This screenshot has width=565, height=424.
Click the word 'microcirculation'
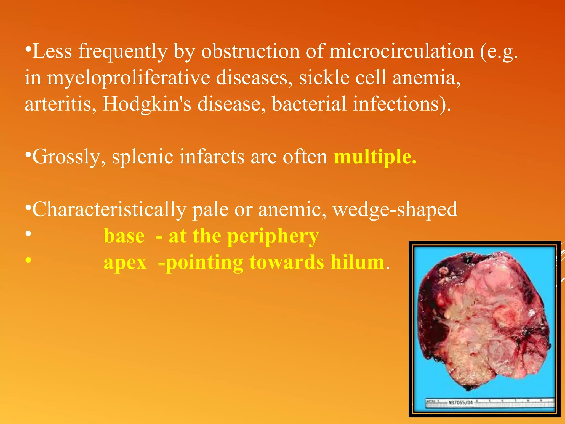tap(401, 51)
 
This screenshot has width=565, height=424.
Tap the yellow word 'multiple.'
tap(375, 157)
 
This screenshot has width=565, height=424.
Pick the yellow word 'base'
tap(124, 236)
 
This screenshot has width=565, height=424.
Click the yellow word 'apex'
tap(125, 263)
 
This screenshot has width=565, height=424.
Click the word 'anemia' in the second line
tap(426, 78)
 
